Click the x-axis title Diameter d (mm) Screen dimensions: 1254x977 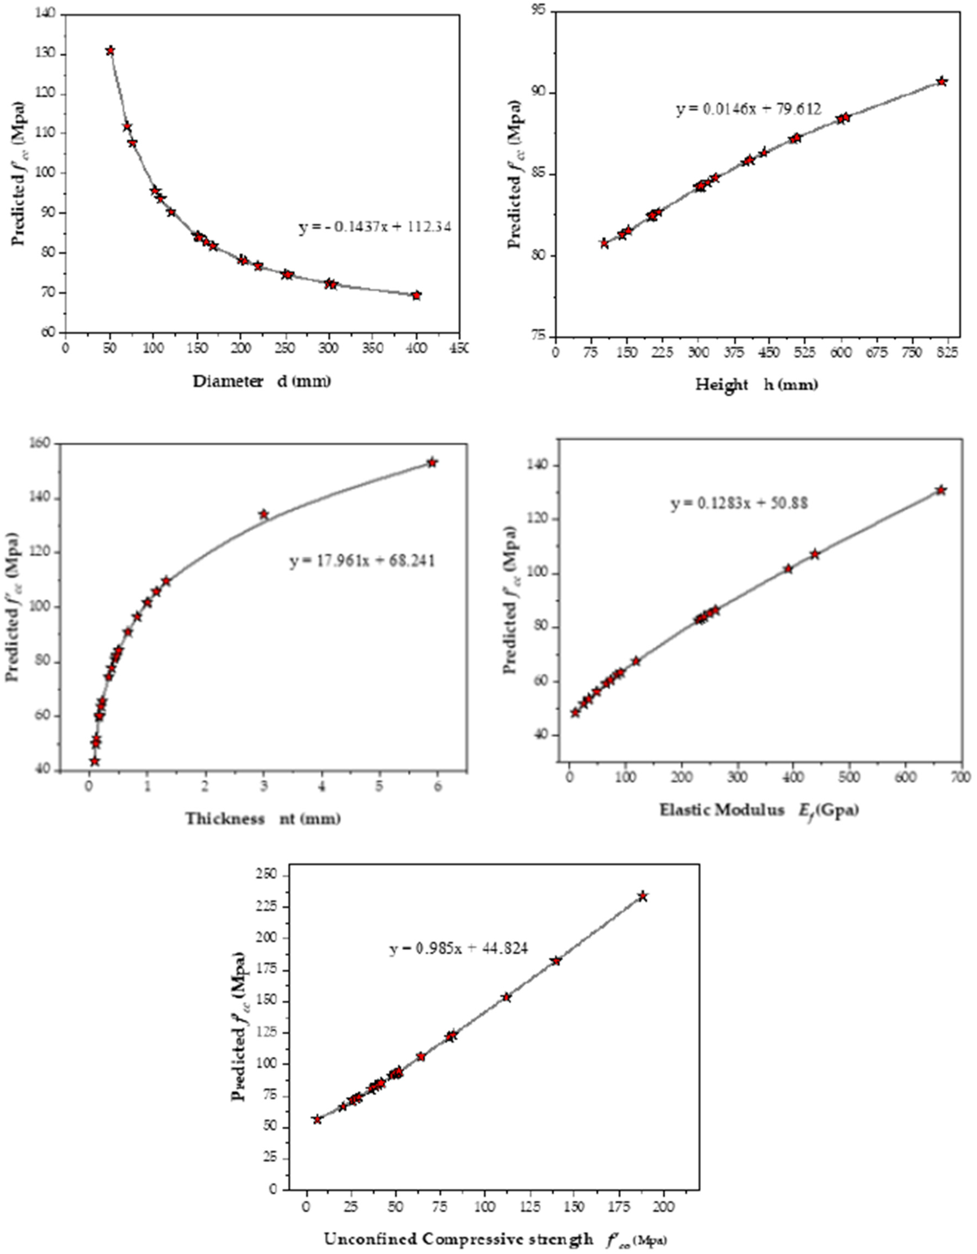pyautogui.click(x=262, y=381)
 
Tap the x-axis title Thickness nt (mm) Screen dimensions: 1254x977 pyautogui.click(x=262, y=818)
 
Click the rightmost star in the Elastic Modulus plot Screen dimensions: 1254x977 pyautogui.click(x=941, y=490)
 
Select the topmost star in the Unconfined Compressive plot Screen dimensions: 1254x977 pyautogui.click(x=643, y=896)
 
